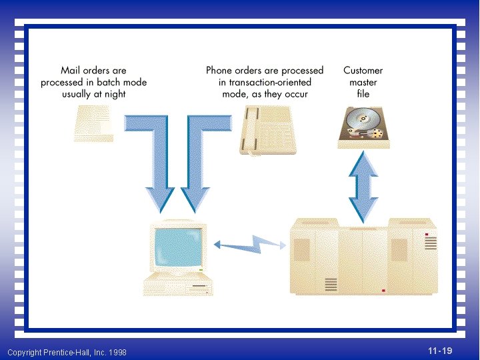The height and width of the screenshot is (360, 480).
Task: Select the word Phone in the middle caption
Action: pyautogui.click(x=221, y=71)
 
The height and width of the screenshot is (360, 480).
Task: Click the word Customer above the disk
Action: pyautogui.click(x=363, y=71)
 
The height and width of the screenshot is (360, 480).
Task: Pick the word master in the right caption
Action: pyautogui.click(x=363, y=83)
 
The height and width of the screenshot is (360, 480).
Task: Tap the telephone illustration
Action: pyautogui.click(x=267, y=132)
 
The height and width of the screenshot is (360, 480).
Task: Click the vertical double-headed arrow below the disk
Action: pyautogui.click(x=363, y=187)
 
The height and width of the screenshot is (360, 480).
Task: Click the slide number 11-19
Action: pyautogui.click(x=440, y=351)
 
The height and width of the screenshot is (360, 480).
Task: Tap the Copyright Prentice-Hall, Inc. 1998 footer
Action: pyautogui.click(x=67, y=352)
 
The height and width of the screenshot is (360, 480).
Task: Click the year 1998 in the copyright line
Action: pyautogui.click(x=117, y=352)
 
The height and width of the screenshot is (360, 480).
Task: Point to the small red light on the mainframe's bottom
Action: pyautogui.click(x=383, y=291)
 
